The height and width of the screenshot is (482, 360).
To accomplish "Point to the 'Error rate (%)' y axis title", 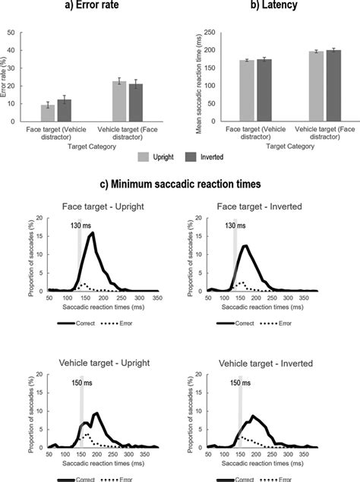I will pos(7,76).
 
